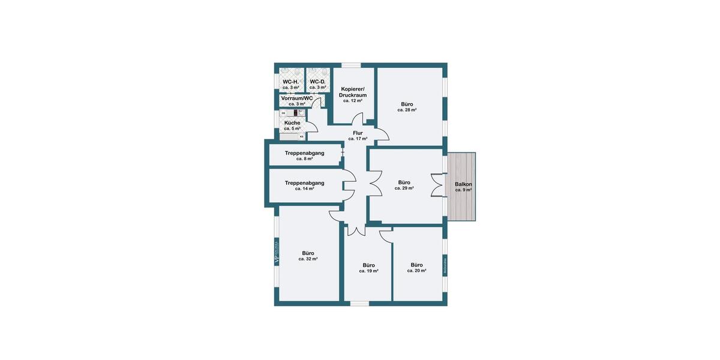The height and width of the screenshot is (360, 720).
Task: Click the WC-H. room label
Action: click(x=290, y=82)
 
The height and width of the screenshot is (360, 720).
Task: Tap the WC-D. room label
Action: click(x=317, y=82)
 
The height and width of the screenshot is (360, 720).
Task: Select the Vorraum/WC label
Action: click(x=297, y=98)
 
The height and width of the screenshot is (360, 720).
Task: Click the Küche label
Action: click(x=292, y=122)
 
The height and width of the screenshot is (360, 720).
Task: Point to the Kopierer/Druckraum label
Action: click(x=353, y=92)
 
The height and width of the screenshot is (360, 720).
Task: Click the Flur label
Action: click(x=358, y=133)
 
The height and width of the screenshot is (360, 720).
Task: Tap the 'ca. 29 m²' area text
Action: click(x=404, y=188)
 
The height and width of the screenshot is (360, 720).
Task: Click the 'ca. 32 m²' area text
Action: click(x=308, y=259)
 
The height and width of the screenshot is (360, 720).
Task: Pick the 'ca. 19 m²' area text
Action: click(x=368, y=271)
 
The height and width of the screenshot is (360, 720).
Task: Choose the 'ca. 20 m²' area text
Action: click(x=416, y=271)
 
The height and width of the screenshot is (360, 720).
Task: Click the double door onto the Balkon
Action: click(x=438, y=184)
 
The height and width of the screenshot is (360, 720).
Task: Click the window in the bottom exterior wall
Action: click(x=359, y=304)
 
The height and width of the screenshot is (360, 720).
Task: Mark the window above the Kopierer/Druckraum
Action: click(x=351, y=65)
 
